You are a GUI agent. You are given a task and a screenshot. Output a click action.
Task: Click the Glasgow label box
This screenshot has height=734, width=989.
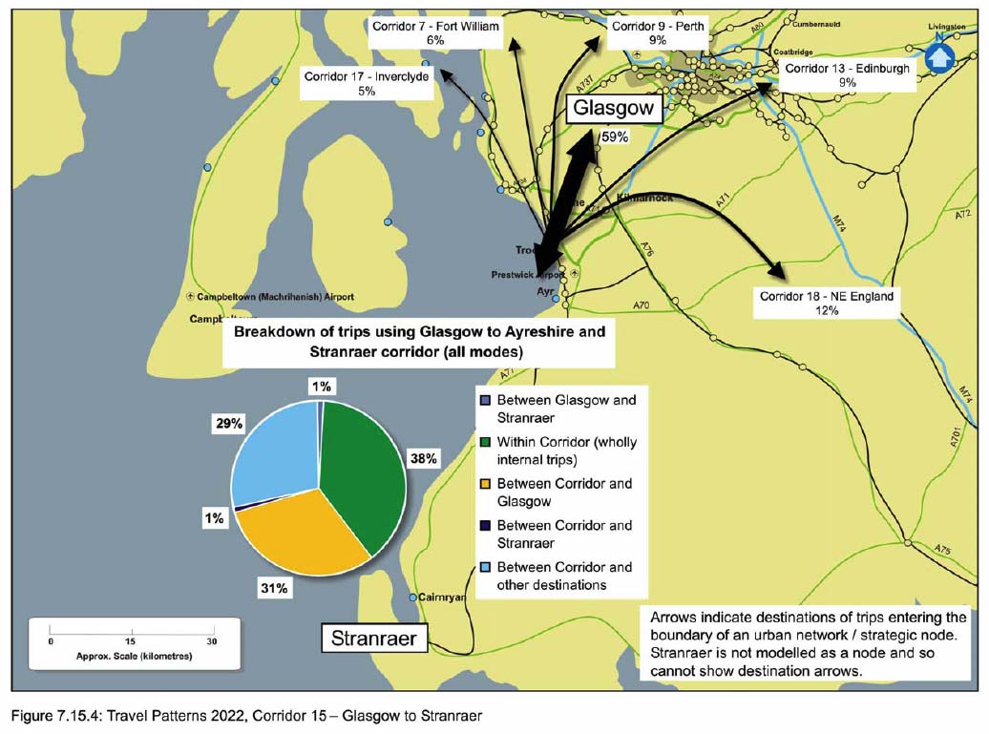tap(613, 109)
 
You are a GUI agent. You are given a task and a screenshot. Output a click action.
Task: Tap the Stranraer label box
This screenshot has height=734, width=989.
tap(373, 638)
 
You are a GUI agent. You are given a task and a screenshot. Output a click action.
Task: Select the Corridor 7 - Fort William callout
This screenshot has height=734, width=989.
tap(435, 33)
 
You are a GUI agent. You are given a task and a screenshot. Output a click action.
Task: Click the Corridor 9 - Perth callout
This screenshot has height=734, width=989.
tap(658, 33)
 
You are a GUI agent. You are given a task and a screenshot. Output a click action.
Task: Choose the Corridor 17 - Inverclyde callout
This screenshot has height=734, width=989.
tap(367, 83)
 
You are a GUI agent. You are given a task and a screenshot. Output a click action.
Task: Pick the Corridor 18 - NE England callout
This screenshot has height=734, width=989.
tap(827, 304)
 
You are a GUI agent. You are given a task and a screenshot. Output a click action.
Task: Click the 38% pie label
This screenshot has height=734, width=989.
tap(423, 458)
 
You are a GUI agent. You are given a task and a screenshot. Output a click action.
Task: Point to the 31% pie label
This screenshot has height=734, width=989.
tap(274, 589)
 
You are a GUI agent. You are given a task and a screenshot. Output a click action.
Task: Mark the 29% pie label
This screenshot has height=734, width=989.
tap(229, 422)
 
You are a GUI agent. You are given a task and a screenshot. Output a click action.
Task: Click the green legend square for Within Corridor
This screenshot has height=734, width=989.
tap(485, 442)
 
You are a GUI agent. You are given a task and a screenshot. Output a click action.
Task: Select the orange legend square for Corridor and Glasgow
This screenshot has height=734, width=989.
tap(485, 484)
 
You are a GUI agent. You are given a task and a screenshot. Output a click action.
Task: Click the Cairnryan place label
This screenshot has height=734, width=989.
tap(442, 597)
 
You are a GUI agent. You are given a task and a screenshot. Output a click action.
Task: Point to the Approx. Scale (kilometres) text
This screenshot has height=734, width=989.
tap(133, 658)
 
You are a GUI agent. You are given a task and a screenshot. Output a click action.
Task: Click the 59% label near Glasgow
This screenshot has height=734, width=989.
tap(615, 137)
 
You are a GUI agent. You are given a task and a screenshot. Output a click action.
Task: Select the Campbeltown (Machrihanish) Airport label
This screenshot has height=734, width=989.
tap(271, 297)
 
